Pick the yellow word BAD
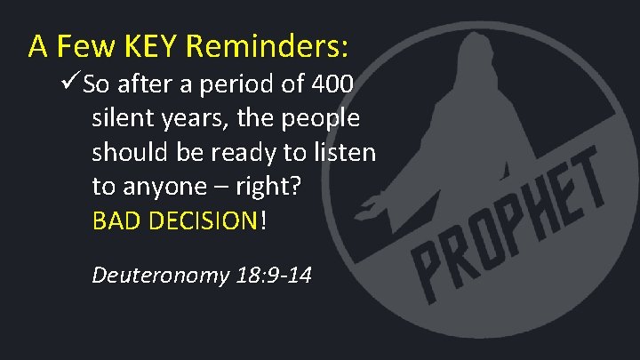pyautogui.click(x=114, y=220)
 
